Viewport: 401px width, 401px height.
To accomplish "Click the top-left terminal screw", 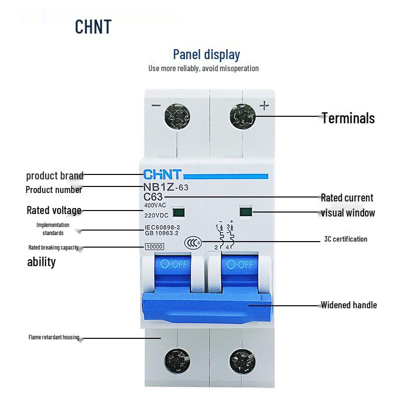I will (x=177, y=118).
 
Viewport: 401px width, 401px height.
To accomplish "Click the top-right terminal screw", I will (x=243, y=118).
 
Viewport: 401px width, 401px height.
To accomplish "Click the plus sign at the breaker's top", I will (x=264, y=105).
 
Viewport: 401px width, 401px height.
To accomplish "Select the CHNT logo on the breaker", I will (x=163, y=175).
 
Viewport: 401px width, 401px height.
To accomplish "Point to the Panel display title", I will (x=206, y=54).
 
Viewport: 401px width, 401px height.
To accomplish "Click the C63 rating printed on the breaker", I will (x=153, y=197).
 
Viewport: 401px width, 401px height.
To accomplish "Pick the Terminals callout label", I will (x=348, y=118).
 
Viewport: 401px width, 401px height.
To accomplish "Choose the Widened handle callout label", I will (x=348, y=305).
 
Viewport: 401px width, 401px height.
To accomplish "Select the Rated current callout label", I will (x=347, y=197).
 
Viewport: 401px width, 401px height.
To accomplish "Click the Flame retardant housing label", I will (x=54, y=337).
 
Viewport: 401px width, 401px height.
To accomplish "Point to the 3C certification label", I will (x=345, y=239).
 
